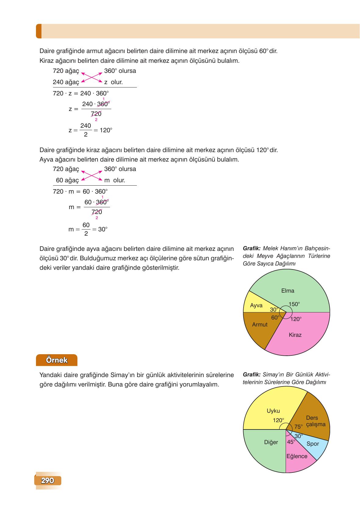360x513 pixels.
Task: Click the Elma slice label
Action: point(287,290)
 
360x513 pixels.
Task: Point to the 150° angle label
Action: point(294,304)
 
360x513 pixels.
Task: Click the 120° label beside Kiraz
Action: point(296,319)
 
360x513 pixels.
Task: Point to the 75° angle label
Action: point(298,427)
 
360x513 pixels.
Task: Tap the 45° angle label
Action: point(291,442)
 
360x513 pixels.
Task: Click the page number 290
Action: point(48,481)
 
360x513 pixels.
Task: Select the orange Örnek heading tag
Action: point(57,360)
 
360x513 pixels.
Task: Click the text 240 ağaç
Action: point(66,82)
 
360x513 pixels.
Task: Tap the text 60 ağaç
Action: point(67,180)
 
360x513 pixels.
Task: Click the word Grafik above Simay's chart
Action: point(251,374)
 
